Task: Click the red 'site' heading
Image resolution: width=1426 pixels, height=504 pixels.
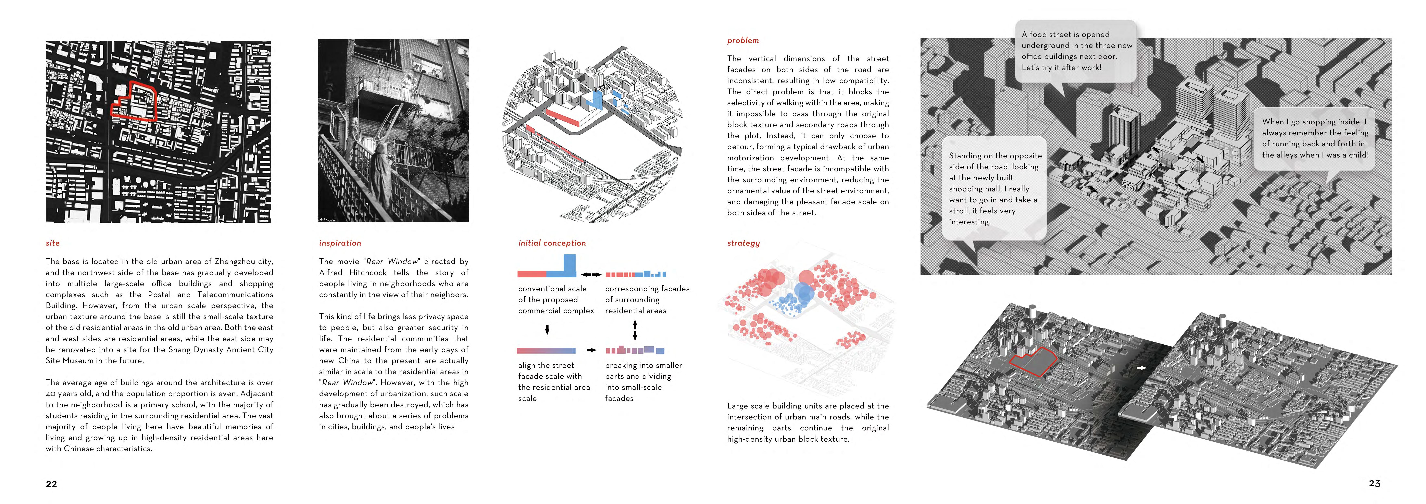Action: click(x=53, y=243)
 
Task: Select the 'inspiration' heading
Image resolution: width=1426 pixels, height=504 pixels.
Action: click(x=340, y=243)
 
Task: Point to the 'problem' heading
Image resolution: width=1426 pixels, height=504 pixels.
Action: click(x=743, y=40)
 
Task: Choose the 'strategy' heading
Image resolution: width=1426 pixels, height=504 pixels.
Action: click(x=743, y=243)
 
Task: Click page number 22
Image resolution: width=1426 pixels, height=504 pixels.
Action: click(x=51, y=483)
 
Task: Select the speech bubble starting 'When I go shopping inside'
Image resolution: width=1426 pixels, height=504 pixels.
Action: click(x=1314, y=138)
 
